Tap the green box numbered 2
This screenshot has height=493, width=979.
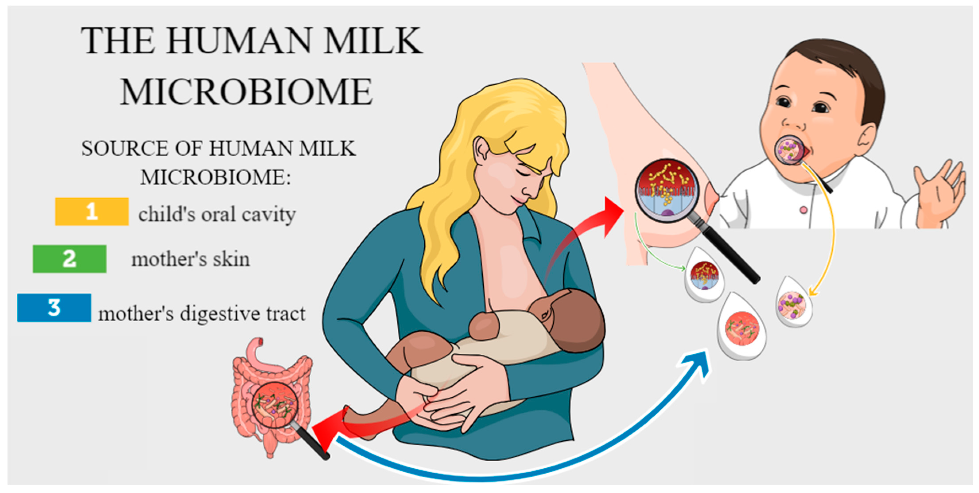(70, 259)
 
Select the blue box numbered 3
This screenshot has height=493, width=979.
(54, 307)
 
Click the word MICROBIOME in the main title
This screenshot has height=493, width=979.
(246, 92)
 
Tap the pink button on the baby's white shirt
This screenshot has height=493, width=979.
(803, 210)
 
